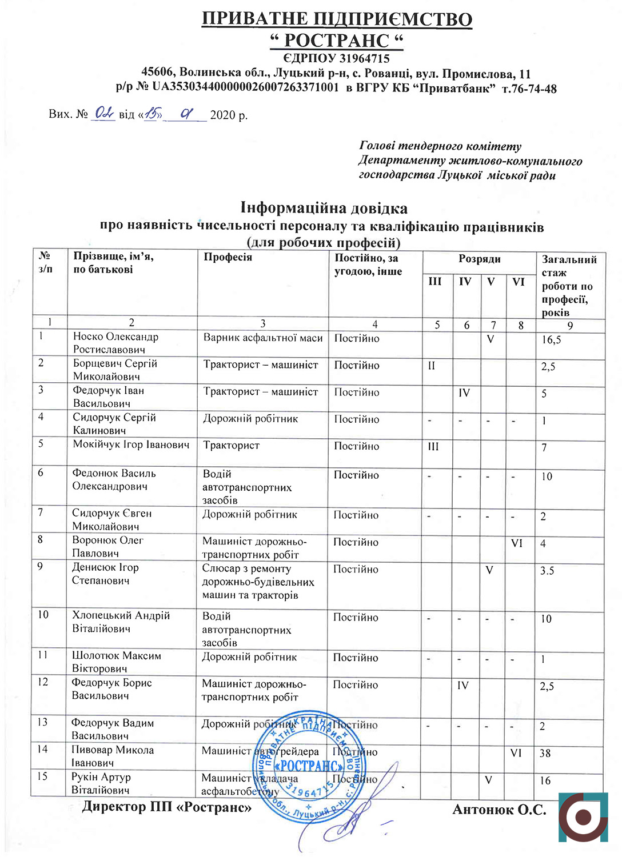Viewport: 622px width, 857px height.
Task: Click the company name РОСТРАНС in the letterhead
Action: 337,41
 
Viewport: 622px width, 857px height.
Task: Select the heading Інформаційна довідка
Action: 324,207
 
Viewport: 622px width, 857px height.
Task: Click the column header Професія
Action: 228,257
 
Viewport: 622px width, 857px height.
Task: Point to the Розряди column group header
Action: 479,259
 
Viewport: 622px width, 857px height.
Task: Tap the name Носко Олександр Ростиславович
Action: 115,343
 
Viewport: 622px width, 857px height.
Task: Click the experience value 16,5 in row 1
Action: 551,340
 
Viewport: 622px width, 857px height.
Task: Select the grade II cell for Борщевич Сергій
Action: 432,366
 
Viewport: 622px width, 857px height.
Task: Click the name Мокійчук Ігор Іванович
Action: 131,444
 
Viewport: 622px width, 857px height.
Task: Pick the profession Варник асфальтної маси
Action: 263,338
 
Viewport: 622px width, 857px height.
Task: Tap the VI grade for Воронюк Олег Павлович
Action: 517,543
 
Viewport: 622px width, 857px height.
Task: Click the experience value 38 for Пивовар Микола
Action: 545,753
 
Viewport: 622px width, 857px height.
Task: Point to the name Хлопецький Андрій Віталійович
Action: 121,622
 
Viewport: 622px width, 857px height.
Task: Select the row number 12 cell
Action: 43,682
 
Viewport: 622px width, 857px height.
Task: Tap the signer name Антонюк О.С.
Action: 499,810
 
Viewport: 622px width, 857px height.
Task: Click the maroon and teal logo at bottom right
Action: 584,817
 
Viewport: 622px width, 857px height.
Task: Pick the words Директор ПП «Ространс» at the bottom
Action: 166,807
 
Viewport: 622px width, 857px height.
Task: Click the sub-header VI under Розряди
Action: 519,281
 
